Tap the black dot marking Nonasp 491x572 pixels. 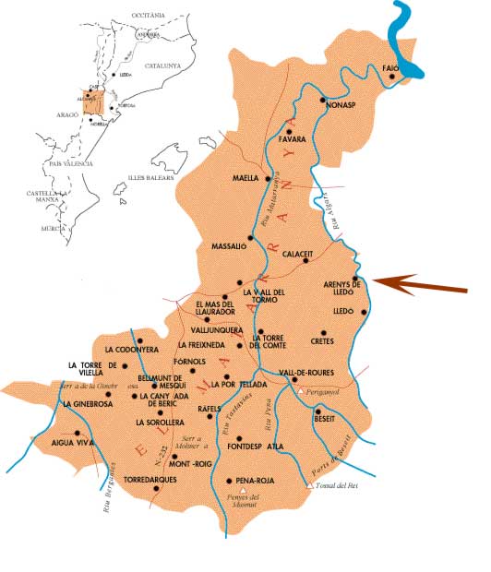coord(323,100)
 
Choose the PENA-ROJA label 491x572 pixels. coord(246,482)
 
